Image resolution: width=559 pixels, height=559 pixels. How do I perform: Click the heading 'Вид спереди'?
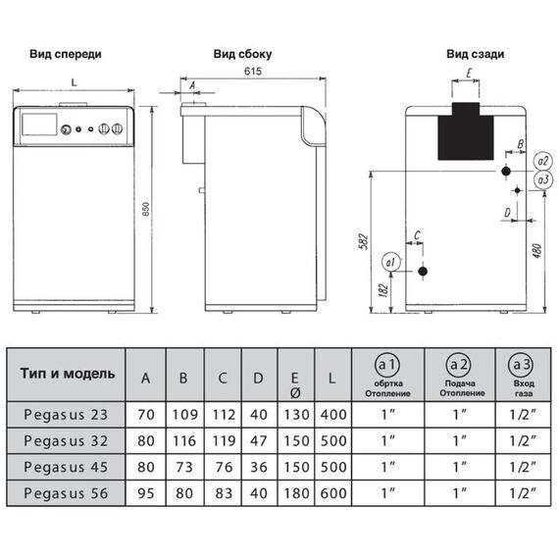66,55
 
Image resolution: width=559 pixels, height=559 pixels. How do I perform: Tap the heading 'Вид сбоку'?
243,54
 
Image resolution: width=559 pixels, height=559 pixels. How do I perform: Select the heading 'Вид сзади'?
476,54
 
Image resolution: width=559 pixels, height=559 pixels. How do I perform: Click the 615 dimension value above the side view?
253,72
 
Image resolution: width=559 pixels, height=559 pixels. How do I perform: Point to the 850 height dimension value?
146,209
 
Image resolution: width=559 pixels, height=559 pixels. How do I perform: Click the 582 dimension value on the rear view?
363,241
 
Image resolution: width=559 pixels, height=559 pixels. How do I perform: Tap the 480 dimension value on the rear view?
537,251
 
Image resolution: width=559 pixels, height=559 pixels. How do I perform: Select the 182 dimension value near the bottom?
382,291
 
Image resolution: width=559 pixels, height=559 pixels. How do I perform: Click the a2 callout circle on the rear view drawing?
542,162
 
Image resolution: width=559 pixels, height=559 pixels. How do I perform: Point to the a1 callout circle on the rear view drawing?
390,262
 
